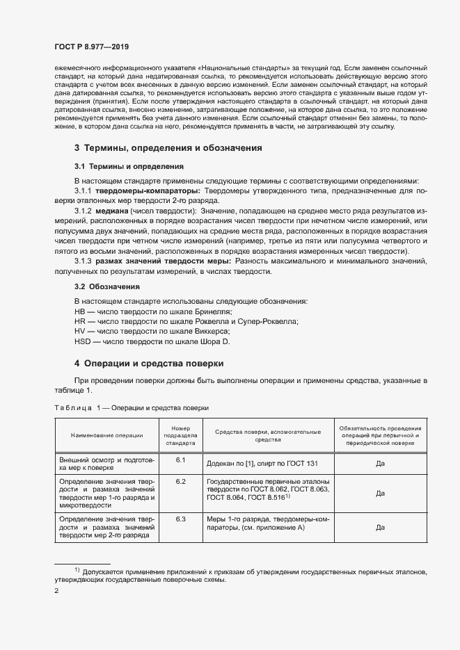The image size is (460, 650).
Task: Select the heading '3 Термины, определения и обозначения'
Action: tap(168, 148)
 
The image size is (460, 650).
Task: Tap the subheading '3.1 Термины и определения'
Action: tap(129, 167)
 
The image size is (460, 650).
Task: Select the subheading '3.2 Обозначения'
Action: tap(107, 286)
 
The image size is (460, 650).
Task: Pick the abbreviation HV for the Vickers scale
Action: tap(79, 332)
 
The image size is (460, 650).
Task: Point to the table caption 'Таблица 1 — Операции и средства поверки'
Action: tap(131, 407)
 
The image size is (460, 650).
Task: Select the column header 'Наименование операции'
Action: tap(106, 435)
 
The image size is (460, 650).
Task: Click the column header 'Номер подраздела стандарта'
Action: tap(180, 435)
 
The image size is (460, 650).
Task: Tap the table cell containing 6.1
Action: tap(180, 461)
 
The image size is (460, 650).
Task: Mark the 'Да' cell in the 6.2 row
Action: tap(380, 493)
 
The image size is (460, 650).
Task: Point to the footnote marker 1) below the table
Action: tap(78, 570)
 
